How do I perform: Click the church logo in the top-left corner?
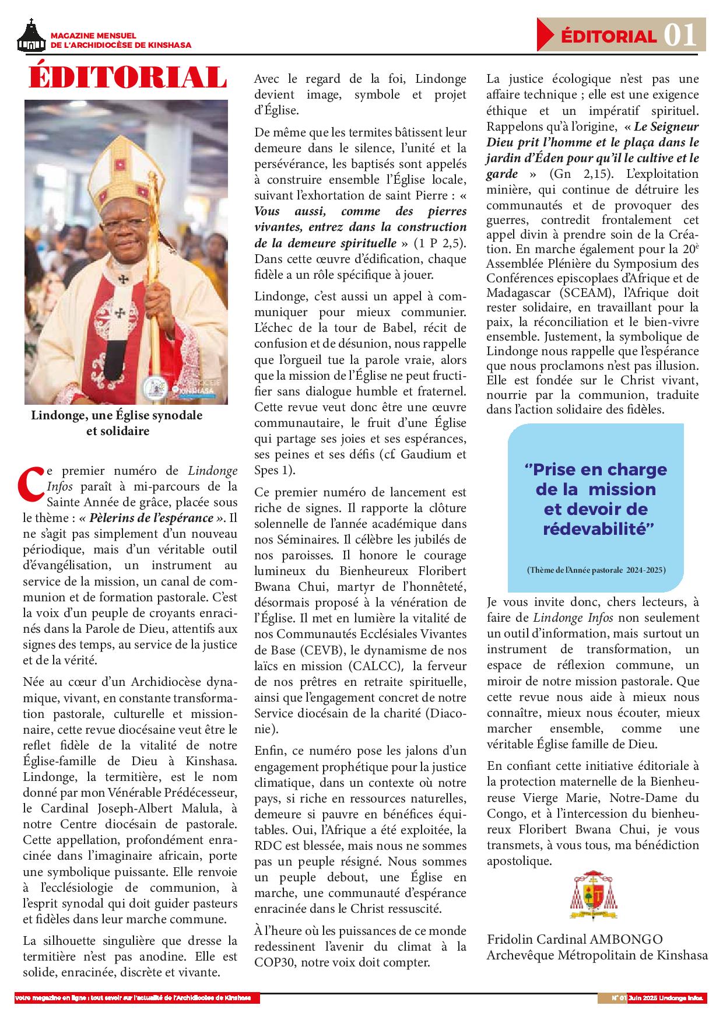pos(31,36)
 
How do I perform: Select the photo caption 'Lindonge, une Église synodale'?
pos(117,416)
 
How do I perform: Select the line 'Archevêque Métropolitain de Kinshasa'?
pos(598,955)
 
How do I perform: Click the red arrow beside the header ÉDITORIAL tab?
pos(545,34)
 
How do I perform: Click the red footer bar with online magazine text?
pos(137,997)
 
